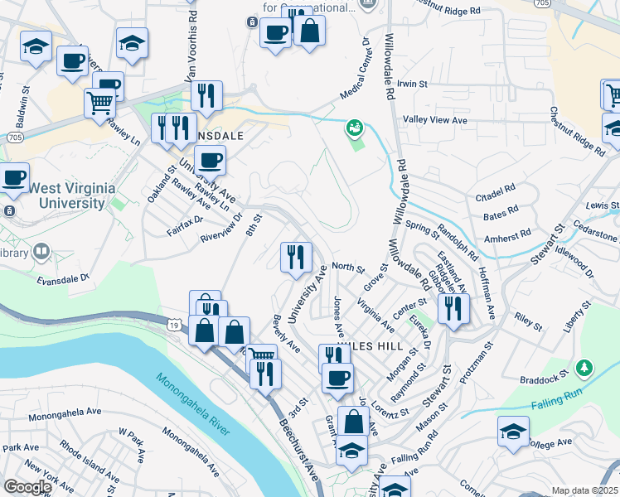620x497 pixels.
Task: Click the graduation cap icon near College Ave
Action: click(513, 432)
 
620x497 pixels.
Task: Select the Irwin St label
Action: click(411, 84)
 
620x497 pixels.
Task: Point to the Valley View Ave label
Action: click(435, 120)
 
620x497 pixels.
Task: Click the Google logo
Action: click(27, 487)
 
